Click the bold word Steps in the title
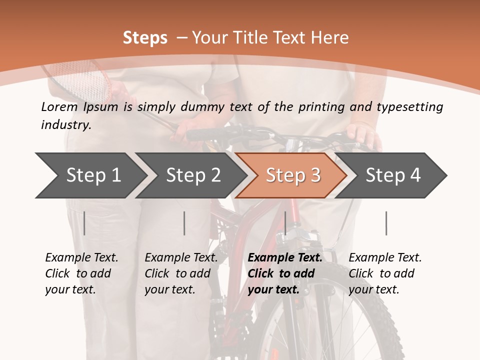point(145,38)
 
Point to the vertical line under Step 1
point(84,223)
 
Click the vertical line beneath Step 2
point(184,223)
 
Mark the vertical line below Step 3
point(285,223)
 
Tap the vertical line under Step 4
point(386,223)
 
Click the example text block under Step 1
point(81,273)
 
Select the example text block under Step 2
point(181,273)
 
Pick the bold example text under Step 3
point(285,273)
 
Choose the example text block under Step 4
point(385,273)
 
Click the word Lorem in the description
point(59,106)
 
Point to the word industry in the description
point(66,125)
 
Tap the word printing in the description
point(321,106)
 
